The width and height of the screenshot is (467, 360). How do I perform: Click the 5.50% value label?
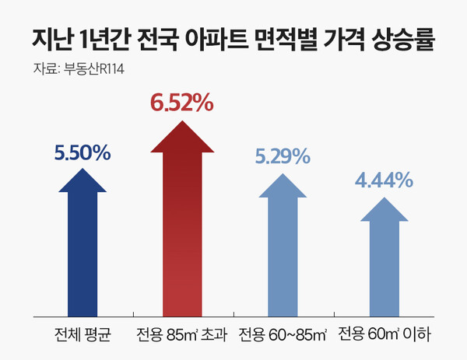click(x=82, y=153)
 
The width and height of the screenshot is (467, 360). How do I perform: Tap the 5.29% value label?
click(x=283, y=157)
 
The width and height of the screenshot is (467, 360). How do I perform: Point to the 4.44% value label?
click(x=383, y=181)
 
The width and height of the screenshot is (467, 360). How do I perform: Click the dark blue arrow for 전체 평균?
click(x=83, y=249)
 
